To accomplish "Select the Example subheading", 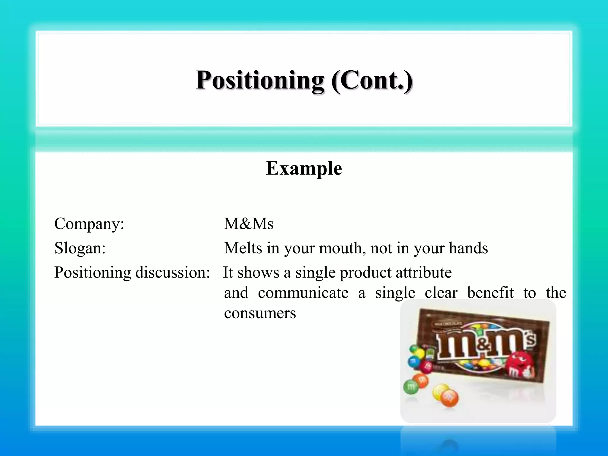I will [304, 168].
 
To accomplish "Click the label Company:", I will [89, 224].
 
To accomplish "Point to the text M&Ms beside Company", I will [248, 224].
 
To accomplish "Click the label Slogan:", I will [80, 248].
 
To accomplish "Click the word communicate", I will [303, 293].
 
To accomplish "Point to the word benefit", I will [490, 293].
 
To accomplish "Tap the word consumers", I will [260, 313].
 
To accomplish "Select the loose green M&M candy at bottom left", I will [411, 387].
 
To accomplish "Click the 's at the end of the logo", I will [531, 339].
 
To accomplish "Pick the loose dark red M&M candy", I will [427, 367].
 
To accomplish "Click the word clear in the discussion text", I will [441, 293].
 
